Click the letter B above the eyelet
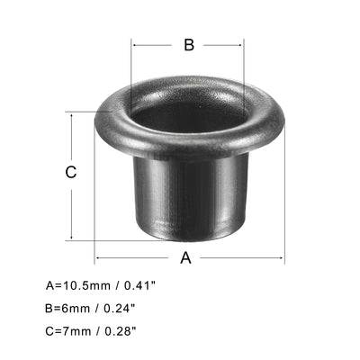(x=187, y=45)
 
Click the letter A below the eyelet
(x=186, y=258)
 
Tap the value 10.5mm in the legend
(x=84, y=285)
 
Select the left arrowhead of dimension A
(x=97, y=259)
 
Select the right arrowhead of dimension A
(x=282, y=259)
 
